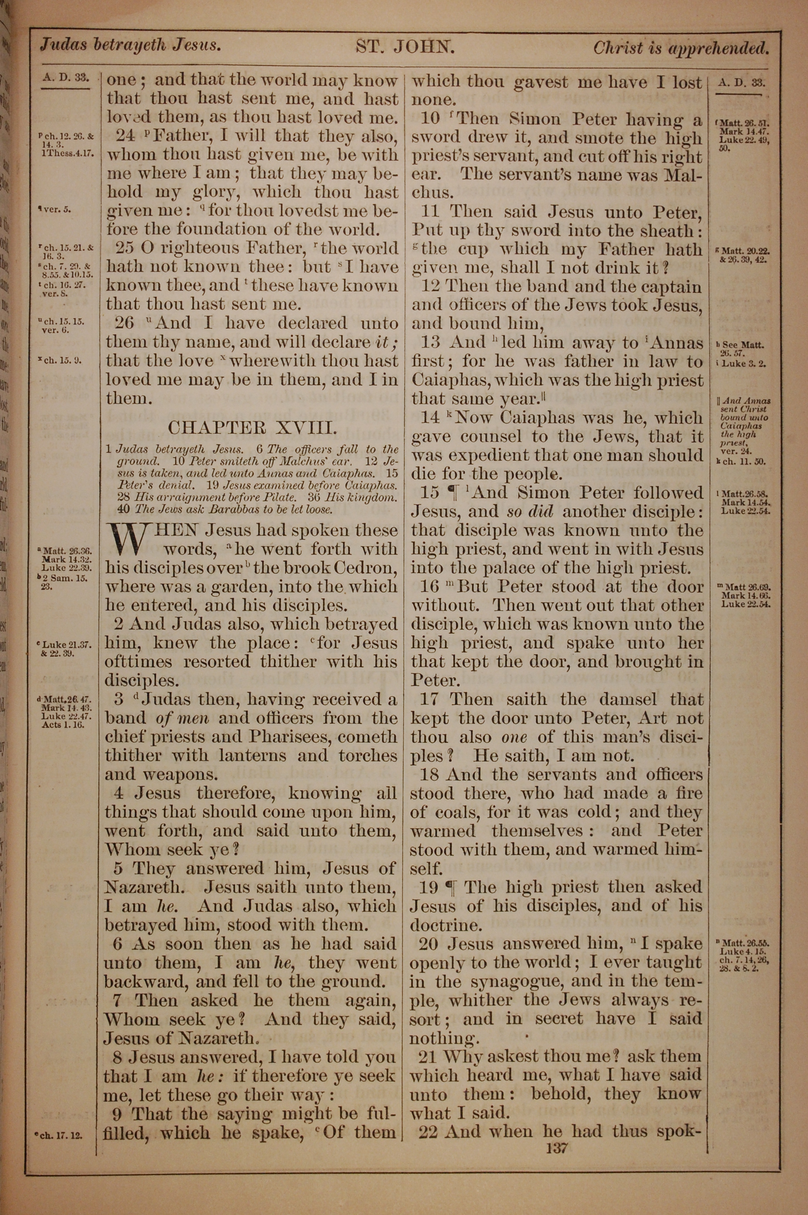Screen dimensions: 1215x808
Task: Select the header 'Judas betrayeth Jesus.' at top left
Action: point(130,45)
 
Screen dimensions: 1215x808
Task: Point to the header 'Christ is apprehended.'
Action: point(681,48)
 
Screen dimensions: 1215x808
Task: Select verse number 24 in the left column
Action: point(125,136)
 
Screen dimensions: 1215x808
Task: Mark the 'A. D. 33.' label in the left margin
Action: point(66,78)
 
